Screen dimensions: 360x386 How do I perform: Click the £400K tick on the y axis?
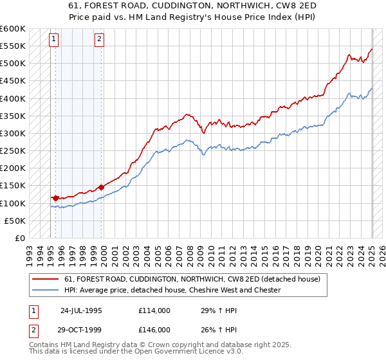click(13, 98)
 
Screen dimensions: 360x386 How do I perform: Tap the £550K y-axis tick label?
click(13, 46)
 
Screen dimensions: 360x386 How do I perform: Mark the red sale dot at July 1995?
click(56, 198)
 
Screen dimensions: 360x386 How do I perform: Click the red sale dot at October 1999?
click(102, 187)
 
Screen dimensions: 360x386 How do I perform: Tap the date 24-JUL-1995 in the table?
click(81, 310)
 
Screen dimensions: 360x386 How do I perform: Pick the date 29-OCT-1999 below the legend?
click(81, 329)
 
